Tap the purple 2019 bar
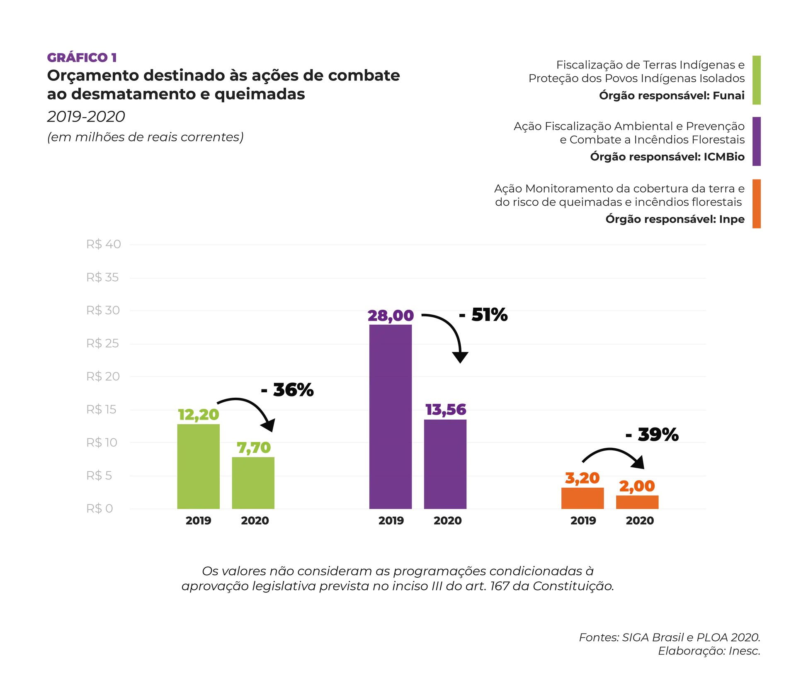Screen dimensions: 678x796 click(x=391, y=416)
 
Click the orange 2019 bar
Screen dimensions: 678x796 click(x=583, y=498)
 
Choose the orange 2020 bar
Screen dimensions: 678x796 click(x=637, y=502)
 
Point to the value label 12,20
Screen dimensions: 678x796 click(x=198, y=414)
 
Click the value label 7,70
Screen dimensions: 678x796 click(x=254, y=447)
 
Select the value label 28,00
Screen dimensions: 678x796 click(x=391, y=316)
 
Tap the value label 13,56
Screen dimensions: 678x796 click(x=446, y=410)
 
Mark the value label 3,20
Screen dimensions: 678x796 click(x=582, y=478)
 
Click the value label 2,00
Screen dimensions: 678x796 click(x=637, y=486)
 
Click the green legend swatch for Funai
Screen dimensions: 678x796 click(x=756, y=80)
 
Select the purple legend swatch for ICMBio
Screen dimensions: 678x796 click(x=756, y=142)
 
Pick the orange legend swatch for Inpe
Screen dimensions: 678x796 click(x=756, y=204)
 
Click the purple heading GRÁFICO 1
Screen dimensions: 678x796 click(x=83, y=57)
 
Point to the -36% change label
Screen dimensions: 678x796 click(x=287, y=391)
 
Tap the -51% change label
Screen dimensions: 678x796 click(x=483, y=315)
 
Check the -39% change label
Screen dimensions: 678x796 click(x=652, y=435)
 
